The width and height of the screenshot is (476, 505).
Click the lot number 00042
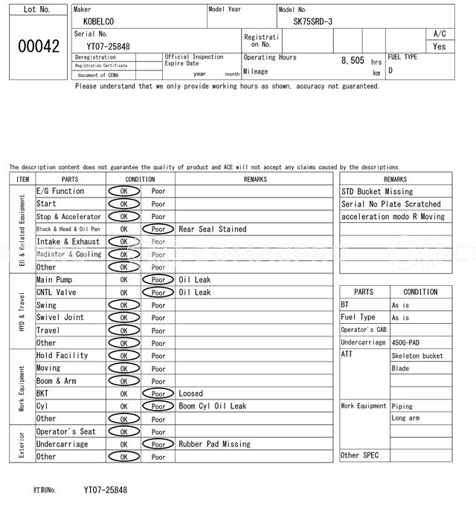38,46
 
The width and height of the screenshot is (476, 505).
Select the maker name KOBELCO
99,23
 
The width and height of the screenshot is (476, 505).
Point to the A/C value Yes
440,46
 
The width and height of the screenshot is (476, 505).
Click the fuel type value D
390,71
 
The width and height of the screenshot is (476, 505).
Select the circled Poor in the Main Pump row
158,280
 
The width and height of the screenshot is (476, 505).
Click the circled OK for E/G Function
123,192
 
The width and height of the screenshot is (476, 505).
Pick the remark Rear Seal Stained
213,229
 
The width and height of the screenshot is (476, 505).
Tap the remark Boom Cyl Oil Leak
213,406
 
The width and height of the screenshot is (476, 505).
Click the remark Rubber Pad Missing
215,444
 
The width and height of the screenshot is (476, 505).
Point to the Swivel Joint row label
60,318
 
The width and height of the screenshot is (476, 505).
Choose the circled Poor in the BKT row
158,394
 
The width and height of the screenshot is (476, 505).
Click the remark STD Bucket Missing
377,192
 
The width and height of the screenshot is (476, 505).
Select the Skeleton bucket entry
417,356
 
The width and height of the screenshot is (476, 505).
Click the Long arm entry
405,419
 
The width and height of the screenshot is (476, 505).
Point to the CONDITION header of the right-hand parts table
420,292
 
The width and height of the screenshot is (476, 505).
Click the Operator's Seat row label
66,431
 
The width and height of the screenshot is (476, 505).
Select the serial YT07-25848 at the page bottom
106,490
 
